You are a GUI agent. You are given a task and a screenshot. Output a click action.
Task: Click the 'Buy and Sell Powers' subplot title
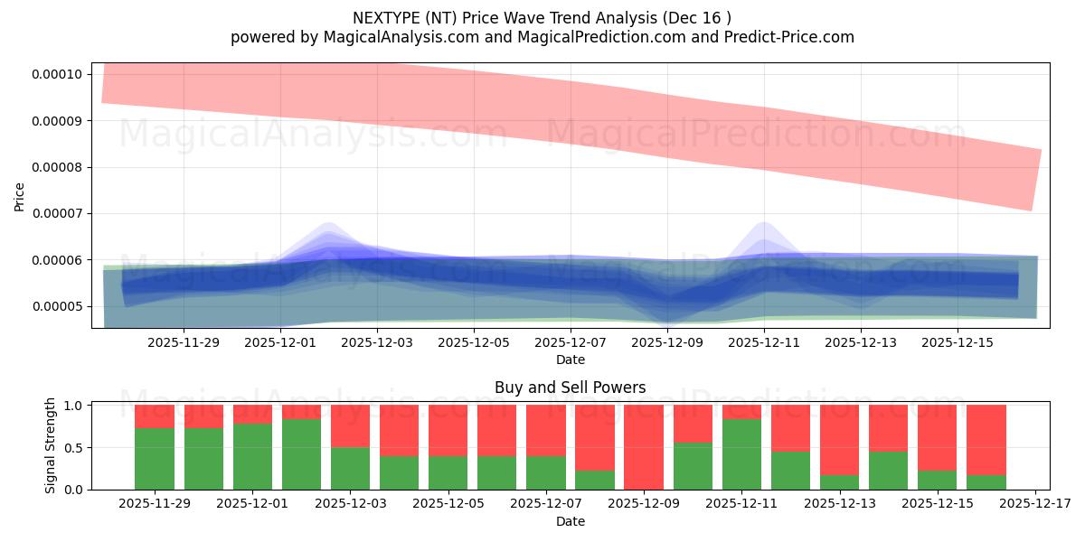tap(570, 388)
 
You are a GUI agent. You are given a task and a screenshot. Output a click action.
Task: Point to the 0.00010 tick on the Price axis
tap(57, 74)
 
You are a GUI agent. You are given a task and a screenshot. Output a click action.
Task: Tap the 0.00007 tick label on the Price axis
tap(57, 214)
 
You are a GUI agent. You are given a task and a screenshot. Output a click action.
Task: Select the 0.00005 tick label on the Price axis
tap(57, 307)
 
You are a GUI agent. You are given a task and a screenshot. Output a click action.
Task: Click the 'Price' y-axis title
tap(20, 195)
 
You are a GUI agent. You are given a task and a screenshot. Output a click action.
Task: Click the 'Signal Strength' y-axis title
tap(51, 445)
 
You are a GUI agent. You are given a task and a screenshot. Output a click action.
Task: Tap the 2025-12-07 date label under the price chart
tap(571, 342)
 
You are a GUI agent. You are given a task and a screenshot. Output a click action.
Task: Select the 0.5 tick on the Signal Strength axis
tap(73, 447)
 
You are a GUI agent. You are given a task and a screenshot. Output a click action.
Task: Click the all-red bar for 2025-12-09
tap(644, 447)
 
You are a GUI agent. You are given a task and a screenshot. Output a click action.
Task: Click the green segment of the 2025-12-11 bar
tap(741, 454)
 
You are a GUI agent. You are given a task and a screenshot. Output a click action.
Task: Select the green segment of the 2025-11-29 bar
tap(155, 459)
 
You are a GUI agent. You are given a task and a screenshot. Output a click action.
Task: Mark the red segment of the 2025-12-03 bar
tap(350, 425)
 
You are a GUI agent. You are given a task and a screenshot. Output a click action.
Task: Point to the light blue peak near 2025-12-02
tap(327, 226)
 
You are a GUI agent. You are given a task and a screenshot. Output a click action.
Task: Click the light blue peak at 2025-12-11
tap(764, 225)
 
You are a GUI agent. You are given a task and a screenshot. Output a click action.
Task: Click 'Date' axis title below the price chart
tap(570, 360)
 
